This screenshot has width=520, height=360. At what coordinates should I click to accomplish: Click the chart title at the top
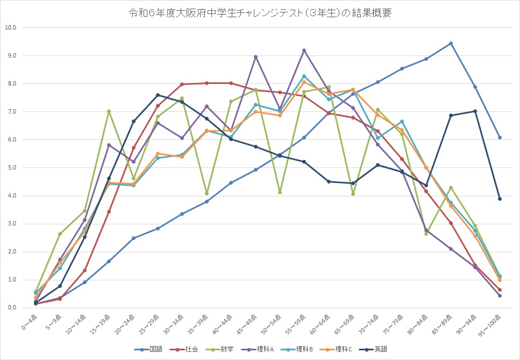click(x=260, y=13)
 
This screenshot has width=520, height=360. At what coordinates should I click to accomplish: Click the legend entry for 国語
click(x=147, y=349)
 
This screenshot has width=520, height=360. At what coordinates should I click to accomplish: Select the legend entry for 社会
click(x=187, y=349)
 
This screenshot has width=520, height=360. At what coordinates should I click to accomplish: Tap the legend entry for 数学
click(x=225, y=349)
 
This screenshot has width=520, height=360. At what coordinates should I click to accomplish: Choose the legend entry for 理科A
click(x=265, y=349)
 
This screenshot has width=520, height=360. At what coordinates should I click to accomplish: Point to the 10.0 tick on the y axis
click(x=11, y=27)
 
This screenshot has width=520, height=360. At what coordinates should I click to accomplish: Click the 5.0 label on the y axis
click(x=11, y=168)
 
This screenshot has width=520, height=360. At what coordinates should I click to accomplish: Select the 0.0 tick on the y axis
click(x=11, y=308)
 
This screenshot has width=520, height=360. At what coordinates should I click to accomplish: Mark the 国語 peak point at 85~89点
click(x=451, y=43)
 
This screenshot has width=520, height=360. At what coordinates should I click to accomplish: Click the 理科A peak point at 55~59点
click(x=304, y=50)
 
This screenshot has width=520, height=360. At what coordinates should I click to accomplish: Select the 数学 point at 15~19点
click(x=109, y=111)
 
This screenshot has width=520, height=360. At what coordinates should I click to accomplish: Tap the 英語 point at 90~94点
click(x=475, y=111)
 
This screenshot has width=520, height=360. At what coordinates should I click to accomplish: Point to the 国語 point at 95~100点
click(x=500, y=137)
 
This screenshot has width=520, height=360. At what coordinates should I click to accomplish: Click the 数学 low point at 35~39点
click(x=206, y=193)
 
